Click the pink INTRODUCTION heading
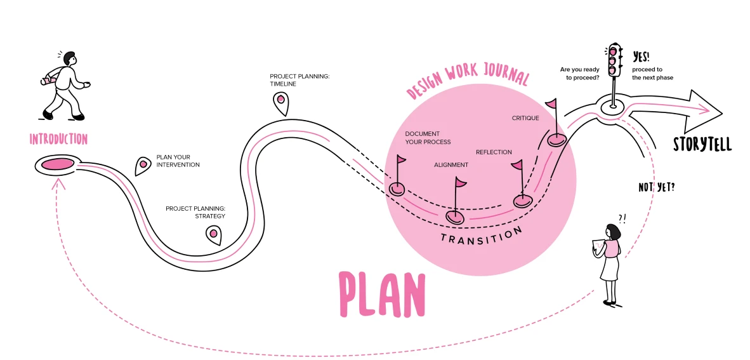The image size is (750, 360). point(58,139)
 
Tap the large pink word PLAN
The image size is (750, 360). point(381,294)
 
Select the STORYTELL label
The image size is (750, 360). point(702,144)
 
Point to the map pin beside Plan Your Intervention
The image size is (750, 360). point(143,166)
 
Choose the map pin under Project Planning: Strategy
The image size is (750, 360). point(213,234)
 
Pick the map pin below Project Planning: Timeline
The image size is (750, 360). point(280,102)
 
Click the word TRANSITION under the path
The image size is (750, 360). point(481,236)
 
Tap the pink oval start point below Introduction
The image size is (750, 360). point(58,164)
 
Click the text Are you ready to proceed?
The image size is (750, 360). point(580,73)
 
